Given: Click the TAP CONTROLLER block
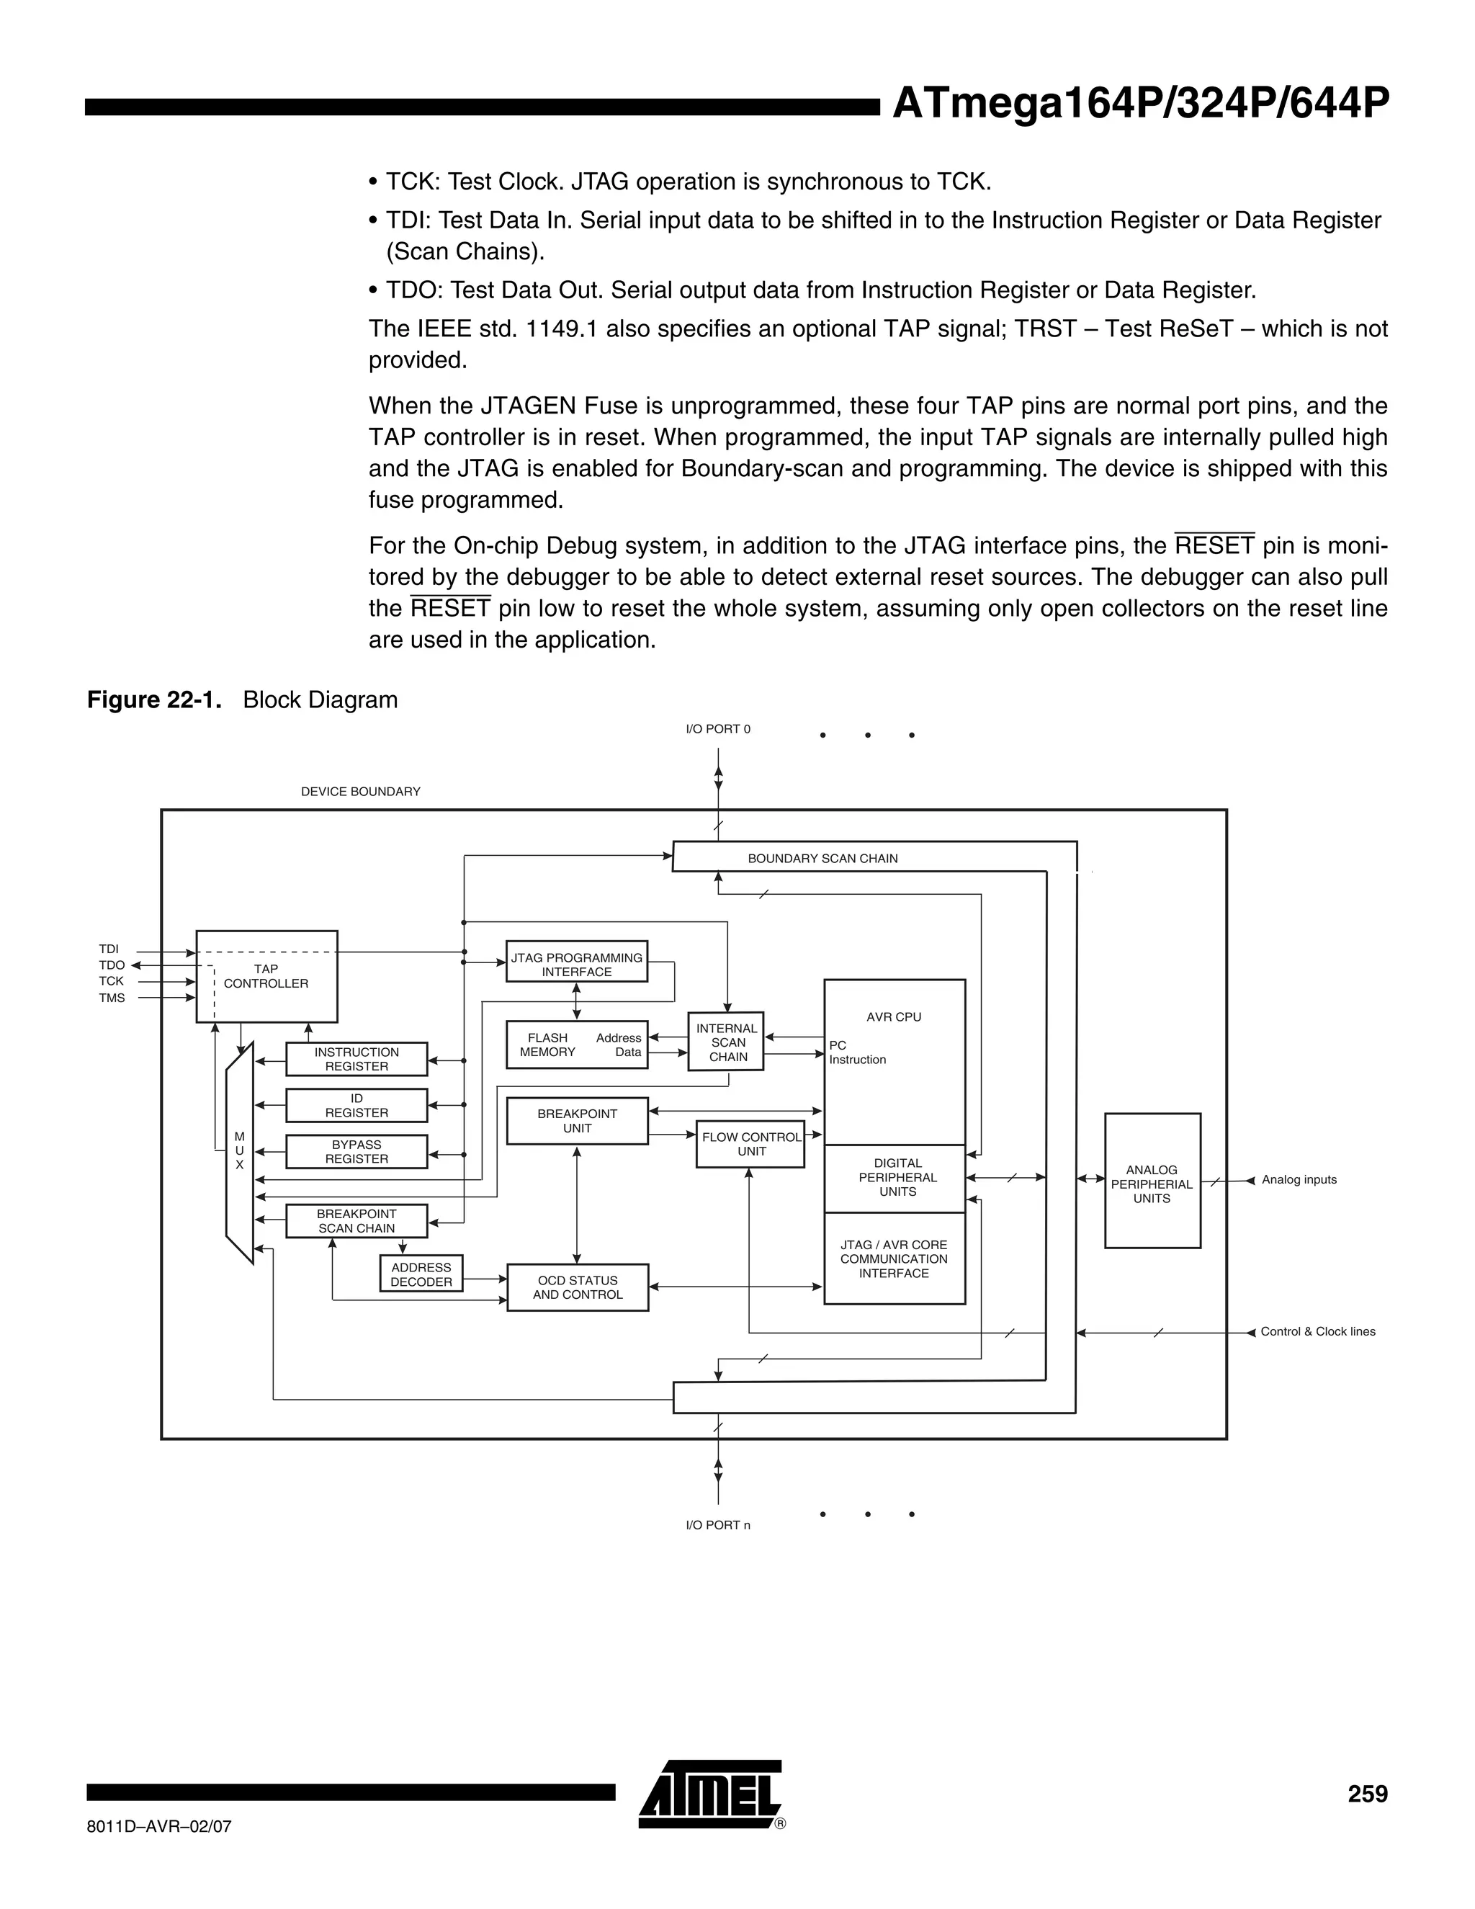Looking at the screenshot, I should tap(266, 976).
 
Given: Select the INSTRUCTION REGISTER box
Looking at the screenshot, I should tap(357, 1058).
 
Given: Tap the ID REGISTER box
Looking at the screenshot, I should tap(357, 1105).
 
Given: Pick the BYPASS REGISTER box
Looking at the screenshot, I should tap(357, 1151).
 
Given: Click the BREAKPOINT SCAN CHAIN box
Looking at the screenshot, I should tap(357, 1220).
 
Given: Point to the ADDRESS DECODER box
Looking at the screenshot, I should tap(421, 1274).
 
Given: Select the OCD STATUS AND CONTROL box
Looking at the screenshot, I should tap(578, 1287).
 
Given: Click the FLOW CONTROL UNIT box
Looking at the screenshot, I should tap(750, 1143).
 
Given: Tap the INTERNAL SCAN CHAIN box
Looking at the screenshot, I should tap(727, 1042).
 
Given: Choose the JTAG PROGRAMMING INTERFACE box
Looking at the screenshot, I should tap(577, 964).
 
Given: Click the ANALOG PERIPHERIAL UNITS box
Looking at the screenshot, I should tap(1152, 1183).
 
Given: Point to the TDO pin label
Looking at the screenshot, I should tap(112, 965).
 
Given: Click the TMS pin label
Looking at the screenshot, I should tap(112, 997).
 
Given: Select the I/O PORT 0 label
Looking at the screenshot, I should tap(717, 729).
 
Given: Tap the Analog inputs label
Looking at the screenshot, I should tap(1299, 1179).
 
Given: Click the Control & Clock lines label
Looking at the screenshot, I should tap(1317, 1331).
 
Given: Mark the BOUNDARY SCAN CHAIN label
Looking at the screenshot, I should tap(822, 859).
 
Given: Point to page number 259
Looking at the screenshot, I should tap(1367, 1794).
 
